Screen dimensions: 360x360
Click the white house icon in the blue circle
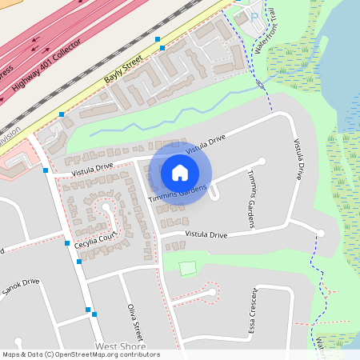coord(180,172)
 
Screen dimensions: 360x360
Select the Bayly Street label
coord(123,70)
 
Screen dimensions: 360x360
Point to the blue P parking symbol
coord(254,16)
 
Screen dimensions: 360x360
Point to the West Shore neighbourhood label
coord(120,346)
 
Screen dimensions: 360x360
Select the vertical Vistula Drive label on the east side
coord(298,159)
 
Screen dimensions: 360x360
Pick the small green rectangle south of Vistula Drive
coord(188,269)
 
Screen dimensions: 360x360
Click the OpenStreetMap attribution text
coord(80,354)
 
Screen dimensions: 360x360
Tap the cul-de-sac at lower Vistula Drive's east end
coord(320,234)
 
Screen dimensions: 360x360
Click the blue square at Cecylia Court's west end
coord(67,243)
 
